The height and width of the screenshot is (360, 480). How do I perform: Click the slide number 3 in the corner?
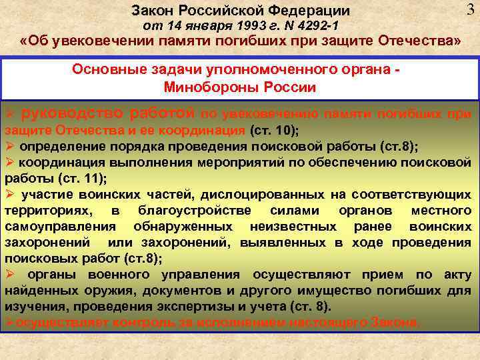(470, 9)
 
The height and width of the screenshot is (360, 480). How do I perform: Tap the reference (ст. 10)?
(274, 130)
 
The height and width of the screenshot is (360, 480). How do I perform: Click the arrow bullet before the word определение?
(9, 147)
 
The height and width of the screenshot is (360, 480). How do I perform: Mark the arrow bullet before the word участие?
(10, 195)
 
